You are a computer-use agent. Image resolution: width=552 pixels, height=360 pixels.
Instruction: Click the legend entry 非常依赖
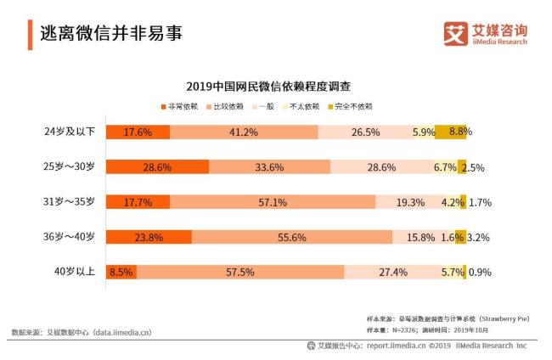(179, 107)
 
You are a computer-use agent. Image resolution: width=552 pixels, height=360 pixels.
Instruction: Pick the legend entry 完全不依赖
(353, 107)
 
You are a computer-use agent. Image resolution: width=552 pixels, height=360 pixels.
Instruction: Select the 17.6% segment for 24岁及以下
(138, 132)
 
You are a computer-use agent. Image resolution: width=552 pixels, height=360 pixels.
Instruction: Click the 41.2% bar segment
(244, 132)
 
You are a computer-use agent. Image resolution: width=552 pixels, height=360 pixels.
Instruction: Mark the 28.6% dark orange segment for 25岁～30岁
(158, 167)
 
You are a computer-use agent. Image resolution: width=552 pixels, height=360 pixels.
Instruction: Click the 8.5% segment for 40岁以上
(122, 273)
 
